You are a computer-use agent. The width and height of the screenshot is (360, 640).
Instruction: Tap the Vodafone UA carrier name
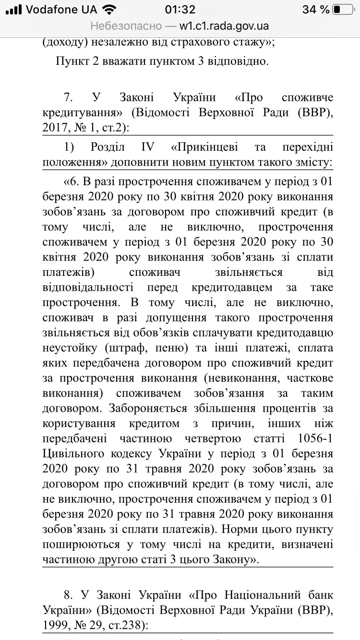tap(61, 10)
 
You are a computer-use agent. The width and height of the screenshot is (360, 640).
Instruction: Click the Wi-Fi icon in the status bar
tap(109, 10)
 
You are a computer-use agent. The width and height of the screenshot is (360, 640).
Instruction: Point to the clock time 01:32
tap(180, 10)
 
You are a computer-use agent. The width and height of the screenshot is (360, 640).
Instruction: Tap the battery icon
tap(343, 10)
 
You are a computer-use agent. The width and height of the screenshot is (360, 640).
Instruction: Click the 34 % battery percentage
tap(316, 10)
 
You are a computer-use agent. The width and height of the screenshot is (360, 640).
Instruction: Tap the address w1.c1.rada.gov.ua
tap(224, 26)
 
